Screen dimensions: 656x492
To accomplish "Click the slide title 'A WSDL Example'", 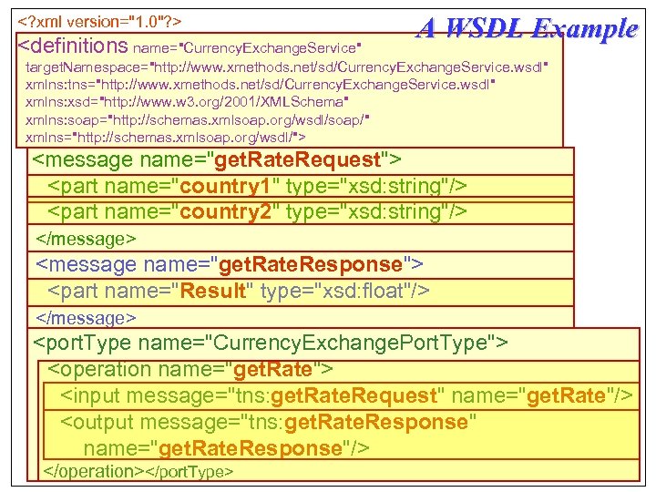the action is [x=527, y=28].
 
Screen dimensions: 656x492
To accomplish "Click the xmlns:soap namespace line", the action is [x=197, y=119].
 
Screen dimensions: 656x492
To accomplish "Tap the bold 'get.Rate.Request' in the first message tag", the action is [x=295, y=160].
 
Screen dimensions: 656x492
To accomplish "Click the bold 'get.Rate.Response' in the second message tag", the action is [x=307, y=265].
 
